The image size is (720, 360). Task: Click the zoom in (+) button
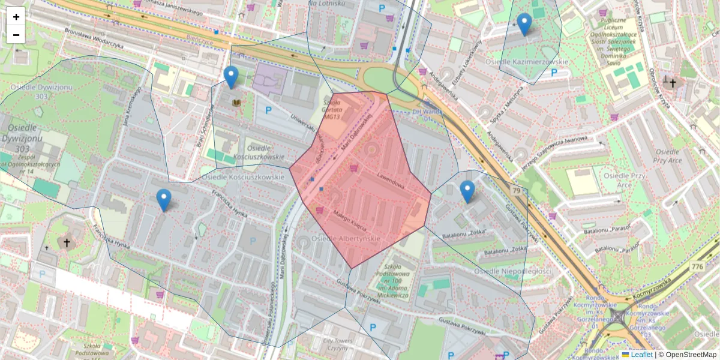tap(16, 16)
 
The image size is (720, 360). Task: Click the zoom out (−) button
tap(16, 35)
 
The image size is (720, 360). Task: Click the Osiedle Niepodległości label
tap(512, 271)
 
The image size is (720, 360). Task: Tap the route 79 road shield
tap(516, 191)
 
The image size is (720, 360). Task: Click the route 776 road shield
tap(697, 266)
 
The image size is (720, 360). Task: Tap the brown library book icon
tap(237, 103)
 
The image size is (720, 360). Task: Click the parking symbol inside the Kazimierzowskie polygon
tap(553, 73)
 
